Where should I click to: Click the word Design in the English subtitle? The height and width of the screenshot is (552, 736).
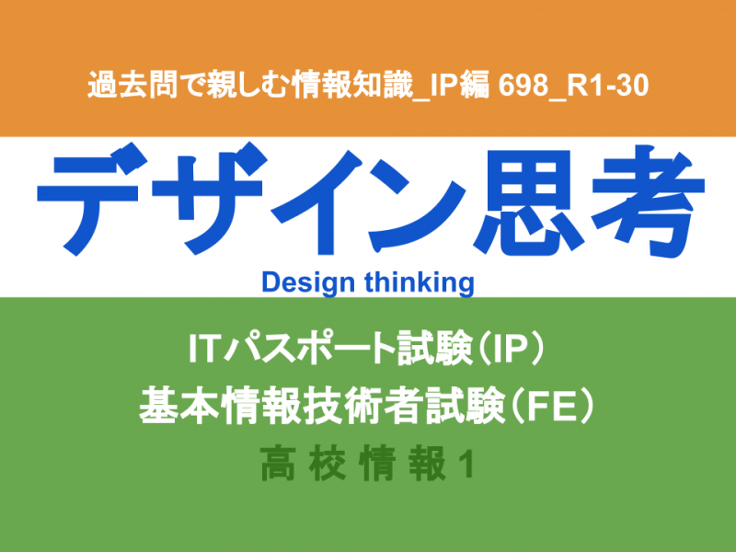308,283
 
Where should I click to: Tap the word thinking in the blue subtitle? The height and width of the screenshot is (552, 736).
420,283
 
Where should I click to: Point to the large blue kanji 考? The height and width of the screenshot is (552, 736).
648,201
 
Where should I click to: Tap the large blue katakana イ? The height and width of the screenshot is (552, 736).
317,202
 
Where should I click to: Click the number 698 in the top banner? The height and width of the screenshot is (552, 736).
523,86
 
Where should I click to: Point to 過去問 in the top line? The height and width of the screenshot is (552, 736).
132,85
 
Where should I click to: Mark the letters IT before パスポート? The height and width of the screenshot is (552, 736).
203,349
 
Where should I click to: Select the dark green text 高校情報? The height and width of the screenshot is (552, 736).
353,464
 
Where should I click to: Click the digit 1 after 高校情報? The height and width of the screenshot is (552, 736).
466,465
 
